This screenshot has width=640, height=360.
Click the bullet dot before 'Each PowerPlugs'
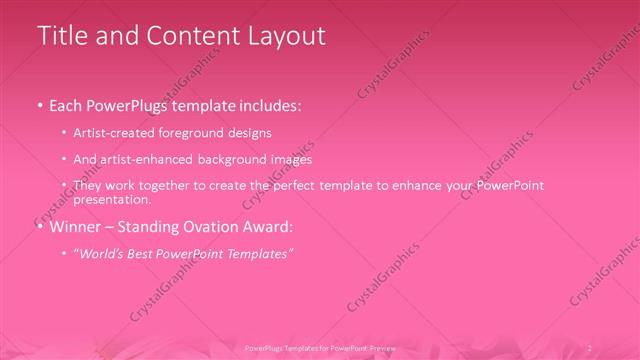(39, 104)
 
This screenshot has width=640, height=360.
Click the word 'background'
(231, 159)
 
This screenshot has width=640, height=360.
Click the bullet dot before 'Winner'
(39, 227)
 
